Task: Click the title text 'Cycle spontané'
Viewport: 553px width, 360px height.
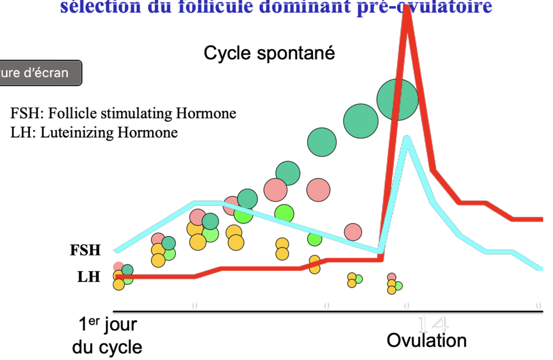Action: (269, 54)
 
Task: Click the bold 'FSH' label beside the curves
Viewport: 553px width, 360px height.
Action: (85, 250)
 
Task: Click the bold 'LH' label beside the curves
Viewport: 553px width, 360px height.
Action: (89, 276)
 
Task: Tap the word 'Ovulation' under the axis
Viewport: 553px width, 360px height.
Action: (426, 340)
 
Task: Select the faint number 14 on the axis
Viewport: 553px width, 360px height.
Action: (432, 324)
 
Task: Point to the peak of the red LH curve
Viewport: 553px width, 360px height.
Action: (407, 14)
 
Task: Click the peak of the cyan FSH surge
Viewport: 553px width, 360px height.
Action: (406, 138)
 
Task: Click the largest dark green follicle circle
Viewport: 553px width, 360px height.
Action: (398, 100)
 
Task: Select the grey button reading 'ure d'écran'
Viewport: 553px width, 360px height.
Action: (39, 73)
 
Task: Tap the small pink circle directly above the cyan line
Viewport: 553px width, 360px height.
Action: (353, 231)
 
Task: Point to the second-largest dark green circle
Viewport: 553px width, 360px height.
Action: (361, 120)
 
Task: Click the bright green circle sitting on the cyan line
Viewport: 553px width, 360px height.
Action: (315, 239)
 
